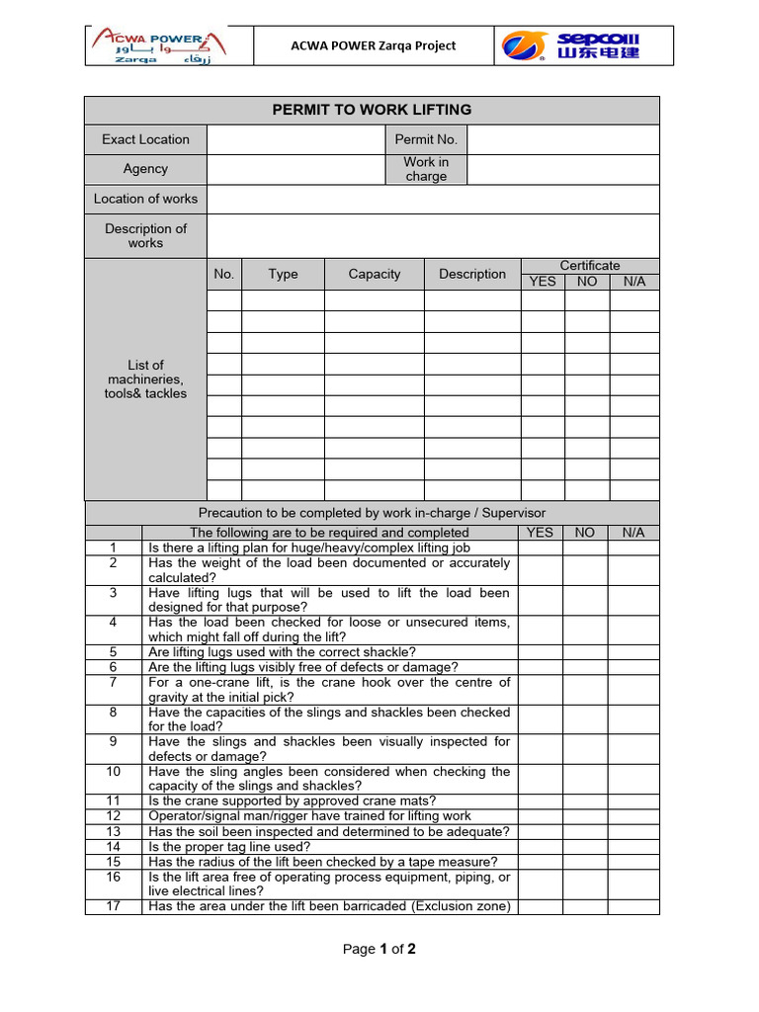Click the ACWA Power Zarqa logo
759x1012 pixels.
159,45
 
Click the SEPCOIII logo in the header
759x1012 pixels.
570,45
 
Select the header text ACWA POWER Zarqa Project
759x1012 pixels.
373,45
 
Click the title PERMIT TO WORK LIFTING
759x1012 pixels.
372,110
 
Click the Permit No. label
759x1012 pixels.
426,139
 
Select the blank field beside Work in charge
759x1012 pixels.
562,169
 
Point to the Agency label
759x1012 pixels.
145,169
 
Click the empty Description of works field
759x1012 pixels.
433,236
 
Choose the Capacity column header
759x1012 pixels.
375,274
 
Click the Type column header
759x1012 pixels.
283,274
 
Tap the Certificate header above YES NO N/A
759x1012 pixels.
590,265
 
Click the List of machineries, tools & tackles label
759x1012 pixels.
145,379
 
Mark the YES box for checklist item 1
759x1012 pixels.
540,548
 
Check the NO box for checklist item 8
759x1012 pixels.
585,718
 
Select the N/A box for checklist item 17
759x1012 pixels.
632,906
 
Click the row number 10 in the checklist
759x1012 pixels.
114,772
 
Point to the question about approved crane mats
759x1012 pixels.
292,801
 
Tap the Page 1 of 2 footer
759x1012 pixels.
379,950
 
